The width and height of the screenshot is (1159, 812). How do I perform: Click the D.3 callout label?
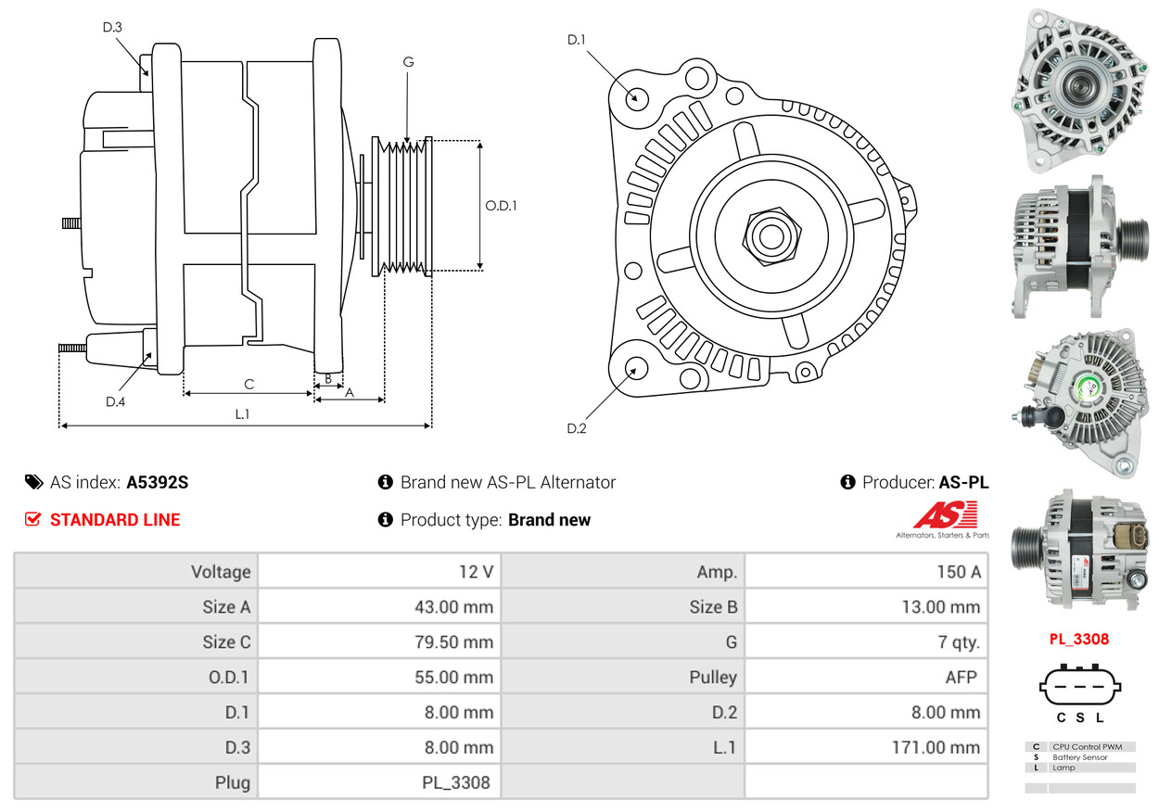point(112,27)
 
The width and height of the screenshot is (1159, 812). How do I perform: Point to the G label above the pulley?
point(408,62)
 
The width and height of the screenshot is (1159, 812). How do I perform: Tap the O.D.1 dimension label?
point(501,206)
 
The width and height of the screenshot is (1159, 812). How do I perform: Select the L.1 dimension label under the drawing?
point(242,413)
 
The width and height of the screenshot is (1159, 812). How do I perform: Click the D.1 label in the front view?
point(576,40)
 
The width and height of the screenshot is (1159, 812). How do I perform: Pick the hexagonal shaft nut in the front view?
point(771,237)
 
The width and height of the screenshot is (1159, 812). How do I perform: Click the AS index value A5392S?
point(158,483)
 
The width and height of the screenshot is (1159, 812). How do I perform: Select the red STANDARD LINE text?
point(115,520)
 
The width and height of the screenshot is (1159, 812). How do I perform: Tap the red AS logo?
point(945,514)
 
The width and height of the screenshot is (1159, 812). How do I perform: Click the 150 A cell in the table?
point(959,572)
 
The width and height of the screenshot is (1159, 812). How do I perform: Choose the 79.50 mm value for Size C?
point(453,641)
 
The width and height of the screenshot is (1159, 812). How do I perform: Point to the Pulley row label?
point(713,677)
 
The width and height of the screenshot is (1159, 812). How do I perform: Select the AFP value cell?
point(961,677)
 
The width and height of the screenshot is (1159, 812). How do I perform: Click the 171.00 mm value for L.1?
point(936,747)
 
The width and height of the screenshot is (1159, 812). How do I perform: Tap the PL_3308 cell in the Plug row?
point(456,782)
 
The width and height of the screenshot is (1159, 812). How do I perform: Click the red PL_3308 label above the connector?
point(1079,640)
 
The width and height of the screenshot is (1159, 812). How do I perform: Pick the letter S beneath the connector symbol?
point(1080,717)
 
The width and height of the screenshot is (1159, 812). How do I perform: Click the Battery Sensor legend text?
point(1080,757)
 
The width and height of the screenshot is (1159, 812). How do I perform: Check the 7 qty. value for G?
point(959,641)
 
